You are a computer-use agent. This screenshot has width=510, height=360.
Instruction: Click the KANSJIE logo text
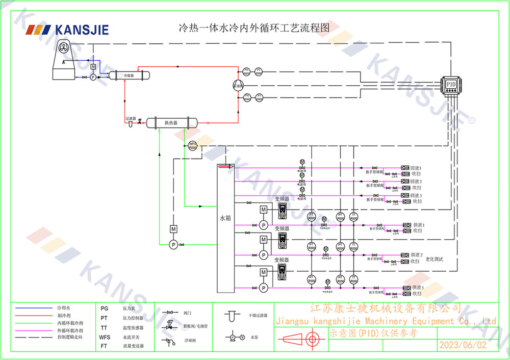point(82,30)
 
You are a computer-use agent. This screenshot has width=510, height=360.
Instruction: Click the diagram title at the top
point(252,28)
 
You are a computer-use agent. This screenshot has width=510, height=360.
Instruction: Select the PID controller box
point(451,84)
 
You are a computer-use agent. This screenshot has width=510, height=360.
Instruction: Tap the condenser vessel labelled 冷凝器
point(129,75)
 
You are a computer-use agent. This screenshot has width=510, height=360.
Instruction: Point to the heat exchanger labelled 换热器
point(171,122)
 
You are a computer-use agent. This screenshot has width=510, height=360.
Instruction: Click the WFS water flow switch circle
point(193,145)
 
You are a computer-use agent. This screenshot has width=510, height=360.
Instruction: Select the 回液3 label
point(416,196)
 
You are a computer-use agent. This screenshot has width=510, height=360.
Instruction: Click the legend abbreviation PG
point(104,308)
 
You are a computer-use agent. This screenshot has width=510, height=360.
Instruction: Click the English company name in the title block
point(386,321)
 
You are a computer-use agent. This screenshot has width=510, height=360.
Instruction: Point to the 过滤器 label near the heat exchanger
point(131,118)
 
